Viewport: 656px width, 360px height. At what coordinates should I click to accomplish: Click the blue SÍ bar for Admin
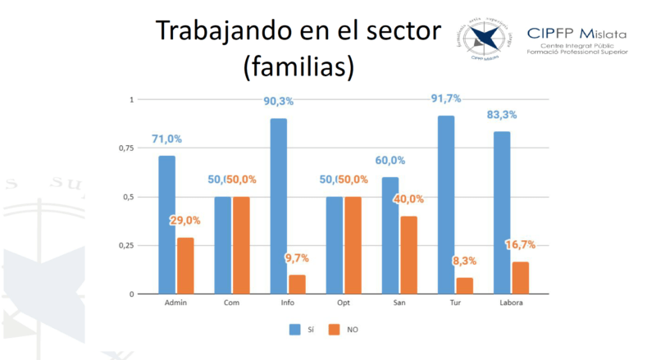[166, 225]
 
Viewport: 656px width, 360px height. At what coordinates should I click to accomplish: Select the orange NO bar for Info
[297, 284]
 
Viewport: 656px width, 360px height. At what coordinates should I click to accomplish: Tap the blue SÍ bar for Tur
[446, 204]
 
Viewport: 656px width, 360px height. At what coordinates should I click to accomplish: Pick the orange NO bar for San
[408, 255]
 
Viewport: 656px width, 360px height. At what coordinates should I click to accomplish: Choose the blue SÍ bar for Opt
[334, 245]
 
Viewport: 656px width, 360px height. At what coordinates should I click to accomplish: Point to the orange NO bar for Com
[241, 245]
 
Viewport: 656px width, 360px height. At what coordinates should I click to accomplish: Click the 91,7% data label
[445, 98]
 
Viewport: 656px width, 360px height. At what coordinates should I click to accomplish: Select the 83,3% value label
[500, 115]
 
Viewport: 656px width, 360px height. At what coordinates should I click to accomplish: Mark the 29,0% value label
[187, 221]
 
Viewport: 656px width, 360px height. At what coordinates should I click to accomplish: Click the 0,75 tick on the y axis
[124, 148]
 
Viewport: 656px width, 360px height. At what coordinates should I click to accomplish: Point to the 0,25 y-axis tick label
[124, 246]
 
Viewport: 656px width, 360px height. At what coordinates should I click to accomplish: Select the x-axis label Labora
[510, 304]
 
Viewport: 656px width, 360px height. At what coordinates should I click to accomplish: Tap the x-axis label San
[399, 304]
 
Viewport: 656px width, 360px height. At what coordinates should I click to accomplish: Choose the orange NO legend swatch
[334, 330]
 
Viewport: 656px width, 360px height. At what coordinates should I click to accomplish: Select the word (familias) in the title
[298, 66]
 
